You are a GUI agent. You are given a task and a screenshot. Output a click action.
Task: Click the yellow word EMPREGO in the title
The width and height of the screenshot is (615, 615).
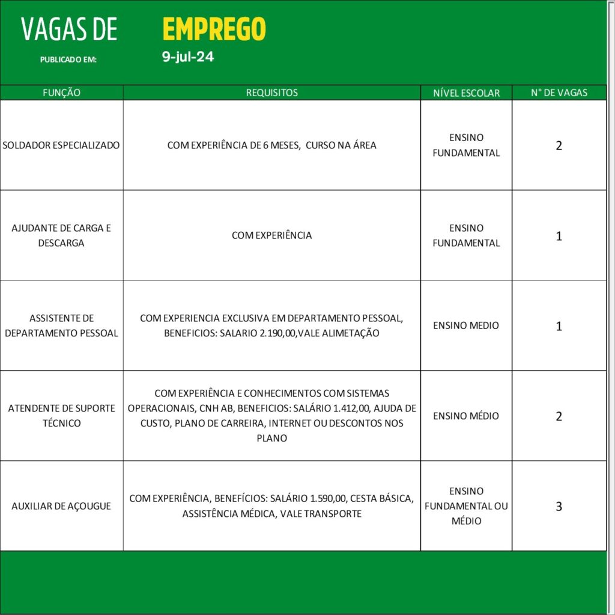[214, 29]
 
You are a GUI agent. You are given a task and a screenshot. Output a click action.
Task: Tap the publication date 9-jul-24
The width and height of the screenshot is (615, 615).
[188, 58]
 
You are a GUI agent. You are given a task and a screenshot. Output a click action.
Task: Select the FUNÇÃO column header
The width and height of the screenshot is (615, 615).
[61, 92]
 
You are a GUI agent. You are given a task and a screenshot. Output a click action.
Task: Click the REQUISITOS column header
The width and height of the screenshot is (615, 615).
[271, 92]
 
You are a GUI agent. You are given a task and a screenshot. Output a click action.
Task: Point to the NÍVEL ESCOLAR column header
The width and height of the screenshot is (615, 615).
[466, 93]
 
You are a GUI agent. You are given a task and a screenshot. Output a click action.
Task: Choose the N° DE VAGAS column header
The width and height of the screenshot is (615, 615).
[559, 92]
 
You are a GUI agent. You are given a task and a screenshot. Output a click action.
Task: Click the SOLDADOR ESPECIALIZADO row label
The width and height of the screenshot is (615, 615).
[61, 145]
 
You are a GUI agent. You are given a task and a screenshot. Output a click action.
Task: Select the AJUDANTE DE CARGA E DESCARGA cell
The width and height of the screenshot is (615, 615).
[61, 235]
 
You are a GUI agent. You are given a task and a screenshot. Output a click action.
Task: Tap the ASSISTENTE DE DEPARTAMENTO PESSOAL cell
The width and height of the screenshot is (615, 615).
[61, 326]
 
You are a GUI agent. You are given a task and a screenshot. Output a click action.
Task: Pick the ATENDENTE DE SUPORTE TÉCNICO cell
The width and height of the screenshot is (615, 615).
[61, 416]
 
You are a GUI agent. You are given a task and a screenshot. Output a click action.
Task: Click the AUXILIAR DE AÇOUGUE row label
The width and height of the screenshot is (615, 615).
[61, 506]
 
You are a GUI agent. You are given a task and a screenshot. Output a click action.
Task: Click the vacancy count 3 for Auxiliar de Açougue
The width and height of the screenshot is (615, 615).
[559, 506]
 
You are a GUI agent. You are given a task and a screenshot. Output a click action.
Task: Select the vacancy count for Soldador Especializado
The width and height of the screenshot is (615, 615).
[559, 145]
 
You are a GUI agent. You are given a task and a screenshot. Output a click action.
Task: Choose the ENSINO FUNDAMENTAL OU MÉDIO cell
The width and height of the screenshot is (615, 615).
[466, 506]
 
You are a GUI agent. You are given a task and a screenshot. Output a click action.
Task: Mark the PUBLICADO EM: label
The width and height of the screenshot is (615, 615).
[68, 59]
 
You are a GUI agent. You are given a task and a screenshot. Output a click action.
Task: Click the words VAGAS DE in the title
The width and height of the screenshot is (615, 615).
[69, 29]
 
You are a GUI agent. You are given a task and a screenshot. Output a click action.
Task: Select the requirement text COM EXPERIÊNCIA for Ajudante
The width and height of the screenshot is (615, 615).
[271, 235]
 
